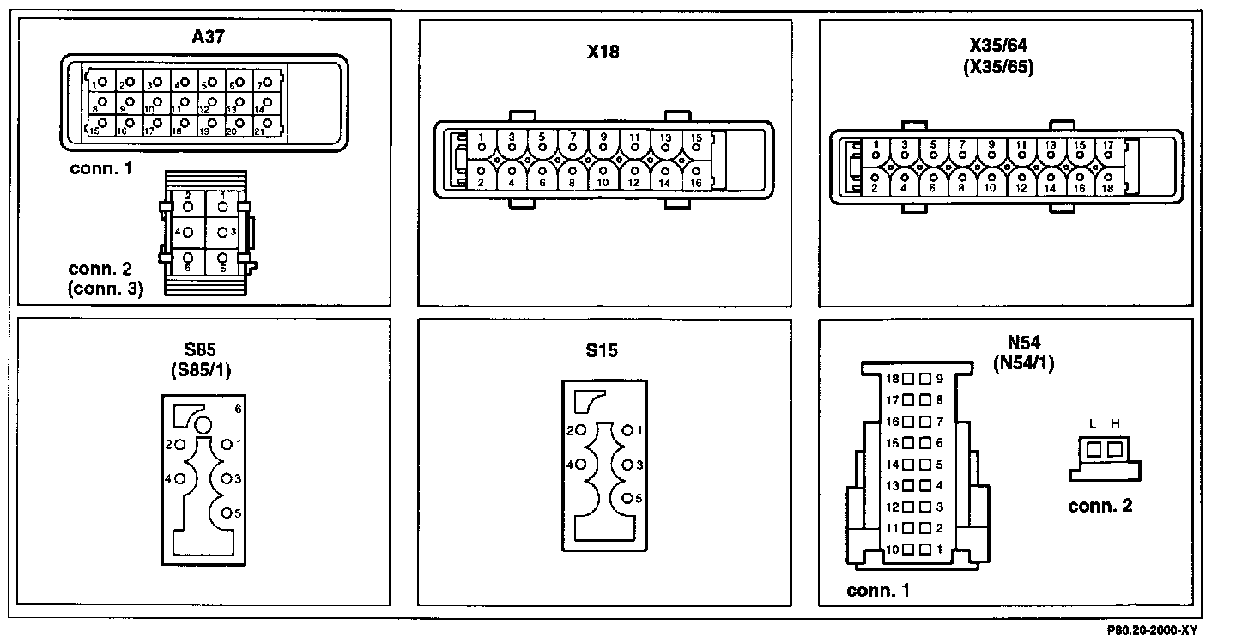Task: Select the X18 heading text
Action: [x=603, y=52]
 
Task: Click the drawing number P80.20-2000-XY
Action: [x=1152, y=631]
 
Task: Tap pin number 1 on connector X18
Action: [x=482, y=137]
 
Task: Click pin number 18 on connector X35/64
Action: [x=1107, y=187]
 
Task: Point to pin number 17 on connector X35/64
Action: [x=1107, y=144]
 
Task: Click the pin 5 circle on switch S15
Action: [x=628, y=498]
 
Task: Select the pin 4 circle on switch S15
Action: [x=581, y=465]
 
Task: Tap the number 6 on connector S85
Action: [x=238, y=410]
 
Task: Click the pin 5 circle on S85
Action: [x=227, y=513]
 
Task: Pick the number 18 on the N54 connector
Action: [x=892, y=379]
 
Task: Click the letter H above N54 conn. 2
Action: [x=1115, y=423]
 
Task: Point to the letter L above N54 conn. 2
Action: [x=1093, y=423]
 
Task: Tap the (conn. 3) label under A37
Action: [x=106, y=289]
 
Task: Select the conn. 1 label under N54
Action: [x=877, y=591]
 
